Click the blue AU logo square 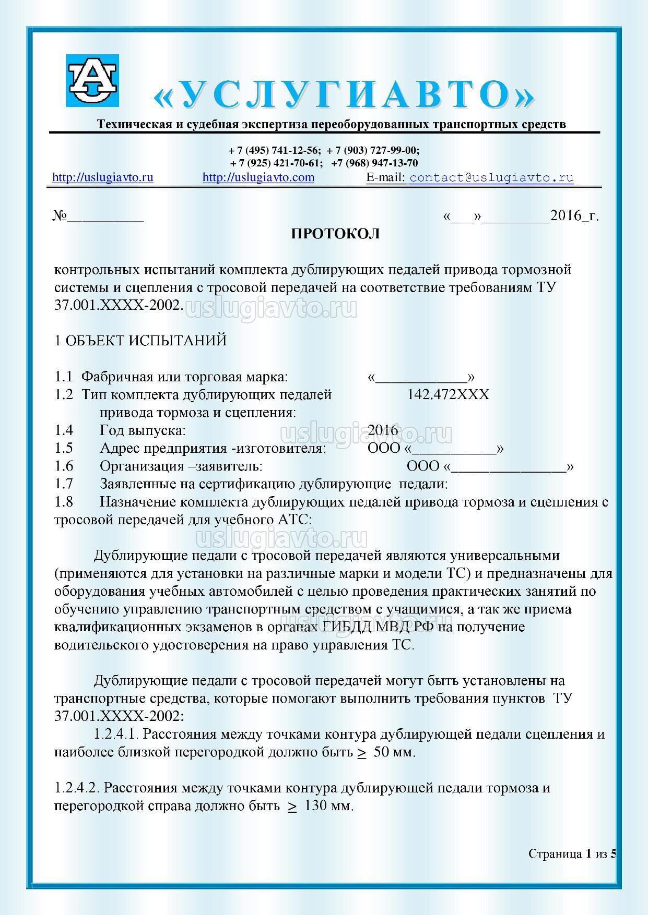click(x=92, y=80)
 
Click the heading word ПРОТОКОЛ click(x=335, y=234)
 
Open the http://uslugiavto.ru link click(x=103, y=177)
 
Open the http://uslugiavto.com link click(x=258, y=177)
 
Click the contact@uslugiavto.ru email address click(x=491, y=178)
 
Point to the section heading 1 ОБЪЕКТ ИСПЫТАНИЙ click(x=140, y=341)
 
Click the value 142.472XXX click(x=448, y=394)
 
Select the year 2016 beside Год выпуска click(x=383, y=431)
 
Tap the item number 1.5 click(x=64, y=449)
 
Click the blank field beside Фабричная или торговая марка click(x=421, y=378)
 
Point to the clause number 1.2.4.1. click(x=116, y=735)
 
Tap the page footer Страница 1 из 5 click(x=572, y=854)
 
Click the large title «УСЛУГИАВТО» click(x=345, y=95)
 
